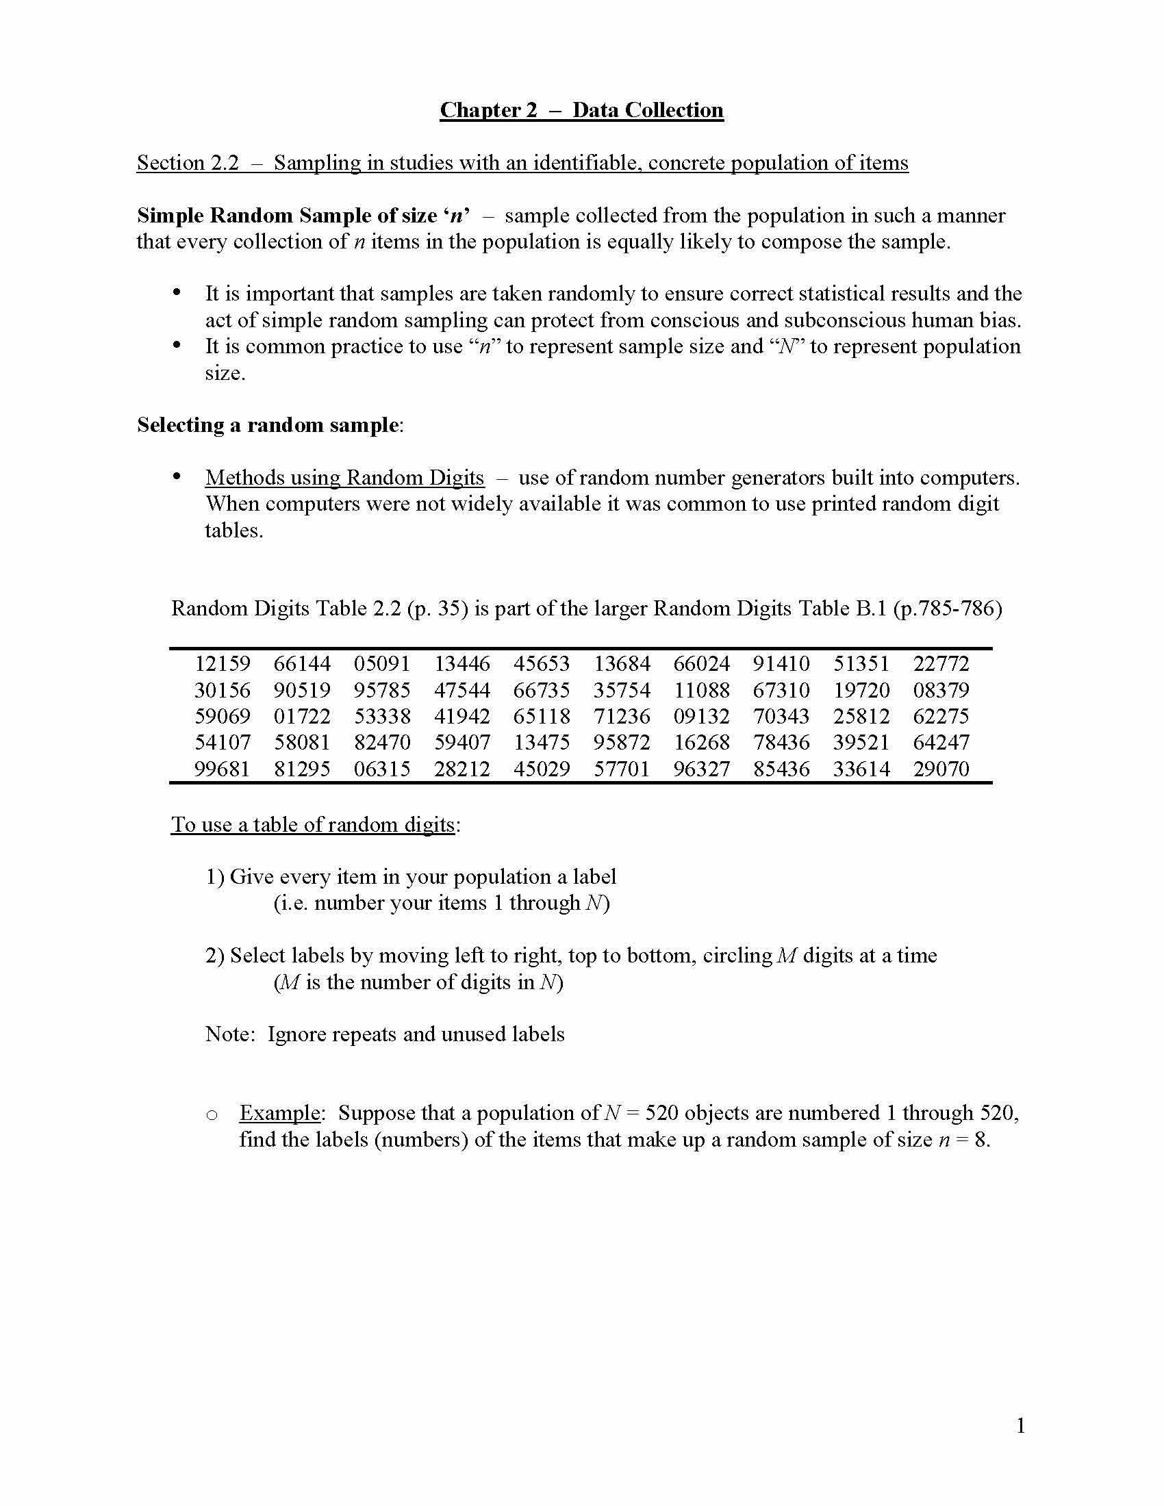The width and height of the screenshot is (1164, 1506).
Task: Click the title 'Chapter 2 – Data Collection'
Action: pyautogui.click(x=581, y=110)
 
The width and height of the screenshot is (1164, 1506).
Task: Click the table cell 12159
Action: pyautogui.click(x=222, y=663)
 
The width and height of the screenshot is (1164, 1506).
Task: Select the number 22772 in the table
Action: pyautogui.click(x=941, y=663)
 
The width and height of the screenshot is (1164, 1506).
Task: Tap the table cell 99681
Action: pyautogui.click(x=222, y=768)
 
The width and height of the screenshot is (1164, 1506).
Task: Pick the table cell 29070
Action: pyautogui.click(x=941, y=768)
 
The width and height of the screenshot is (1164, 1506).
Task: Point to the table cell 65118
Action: pyautogui.click(x=542, y=716)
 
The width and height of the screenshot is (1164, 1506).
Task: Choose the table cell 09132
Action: pyautogui.click(x=701, y=716)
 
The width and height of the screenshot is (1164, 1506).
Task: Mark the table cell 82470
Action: pyautogui.click(x=382, y=742)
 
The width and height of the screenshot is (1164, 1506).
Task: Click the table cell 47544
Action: pyautogui.click(x=462, y=689)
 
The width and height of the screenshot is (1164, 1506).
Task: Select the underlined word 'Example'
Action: pyautogui.click(x=279, y=1113)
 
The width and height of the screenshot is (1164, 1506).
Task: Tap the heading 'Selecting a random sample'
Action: pyautogui.click(x=268, y=425)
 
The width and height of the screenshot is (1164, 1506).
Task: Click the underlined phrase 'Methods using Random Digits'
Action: pyautogui.click(x=344, y=477)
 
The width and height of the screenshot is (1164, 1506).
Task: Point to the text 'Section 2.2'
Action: pyautogui.click(x=188, y=163)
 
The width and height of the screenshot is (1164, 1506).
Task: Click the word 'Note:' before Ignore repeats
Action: pyautogui.click(x=230, y=1034)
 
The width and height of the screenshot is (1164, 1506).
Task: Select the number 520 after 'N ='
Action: pyautogui.click(x=661, y=1113)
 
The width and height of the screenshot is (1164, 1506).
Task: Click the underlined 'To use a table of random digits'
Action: pyautogui.click(x=312, y=825)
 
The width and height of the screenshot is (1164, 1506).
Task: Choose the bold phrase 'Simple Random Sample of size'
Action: pyautogui.click(x=286, y=216)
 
